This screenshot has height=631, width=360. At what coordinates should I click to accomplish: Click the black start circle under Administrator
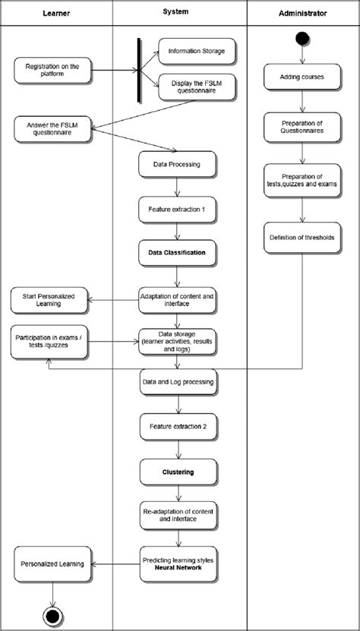(302, 38)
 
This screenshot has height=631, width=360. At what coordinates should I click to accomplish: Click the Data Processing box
(177, 163)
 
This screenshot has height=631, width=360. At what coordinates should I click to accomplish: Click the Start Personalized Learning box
(49, 299)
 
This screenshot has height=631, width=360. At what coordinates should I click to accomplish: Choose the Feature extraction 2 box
(177, 426)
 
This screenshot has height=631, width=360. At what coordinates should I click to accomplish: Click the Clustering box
(177, 472)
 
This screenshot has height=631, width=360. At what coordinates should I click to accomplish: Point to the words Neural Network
(177, 567)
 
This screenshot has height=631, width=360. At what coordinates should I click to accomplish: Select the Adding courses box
(302, 77)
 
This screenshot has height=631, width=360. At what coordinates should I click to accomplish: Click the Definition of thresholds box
(302, 238)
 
